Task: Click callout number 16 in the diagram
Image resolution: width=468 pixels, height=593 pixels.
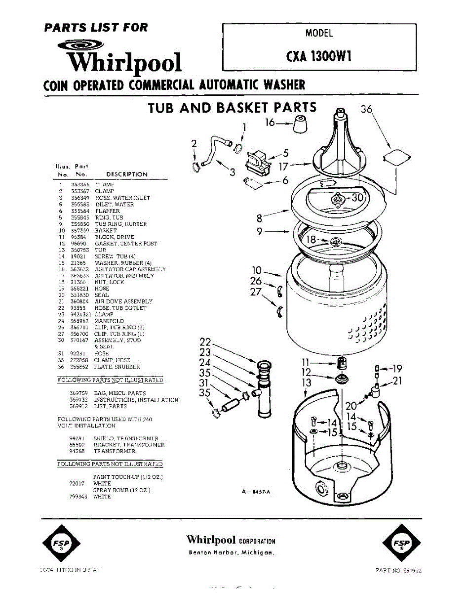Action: coord(270,122)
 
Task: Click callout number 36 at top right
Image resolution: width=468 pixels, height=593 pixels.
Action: coord(366,110)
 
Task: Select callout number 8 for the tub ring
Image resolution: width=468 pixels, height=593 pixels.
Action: coord(259,217)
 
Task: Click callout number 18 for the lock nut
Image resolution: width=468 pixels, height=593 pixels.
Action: coord(312,240)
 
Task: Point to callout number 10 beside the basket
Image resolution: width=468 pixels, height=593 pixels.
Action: coord(256,270)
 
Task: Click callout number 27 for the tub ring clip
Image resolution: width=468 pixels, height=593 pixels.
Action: coord(255,292)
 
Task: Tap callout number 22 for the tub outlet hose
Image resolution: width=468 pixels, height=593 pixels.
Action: coord(205,342)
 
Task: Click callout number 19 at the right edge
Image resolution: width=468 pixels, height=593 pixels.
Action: coord(397,368)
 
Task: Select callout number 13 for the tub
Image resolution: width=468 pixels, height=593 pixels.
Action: coord(307,382)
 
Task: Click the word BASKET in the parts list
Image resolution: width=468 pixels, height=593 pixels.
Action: coord(106,230)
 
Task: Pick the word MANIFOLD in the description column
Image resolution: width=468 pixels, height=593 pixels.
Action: coord(109,321)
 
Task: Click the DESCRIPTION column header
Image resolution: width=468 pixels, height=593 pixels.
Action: coord(127,174)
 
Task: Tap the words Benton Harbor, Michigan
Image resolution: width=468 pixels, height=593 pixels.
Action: coord(232,552)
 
